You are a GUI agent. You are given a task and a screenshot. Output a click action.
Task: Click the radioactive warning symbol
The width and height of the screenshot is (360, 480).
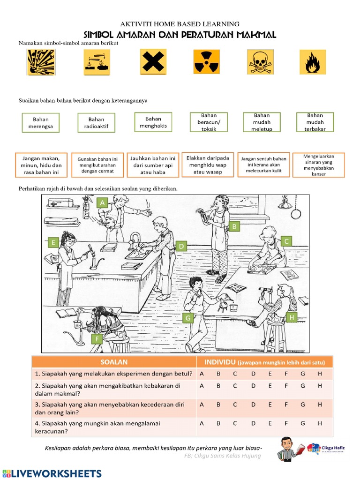tap(206, 62)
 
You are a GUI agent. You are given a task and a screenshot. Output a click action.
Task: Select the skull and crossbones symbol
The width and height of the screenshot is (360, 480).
tap(260, 62)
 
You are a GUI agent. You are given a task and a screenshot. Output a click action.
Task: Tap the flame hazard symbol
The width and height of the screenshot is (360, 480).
tap(312, 62)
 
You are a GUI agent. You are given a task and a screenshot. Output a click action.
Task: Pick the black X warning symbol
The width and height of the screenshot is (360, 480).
tap(153, 62)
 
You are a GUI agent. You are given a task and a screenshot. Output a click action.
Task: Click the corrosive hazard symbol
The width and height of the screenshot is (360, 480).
tap(97, 62)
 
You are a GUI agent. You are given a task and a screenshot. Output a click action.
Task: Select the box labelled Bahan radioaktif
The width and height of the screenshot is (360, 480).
tap(97, 123)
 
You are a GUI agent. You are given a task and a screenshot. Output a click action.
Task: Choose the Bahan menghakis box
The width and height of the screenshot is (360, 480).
tap(153, 122)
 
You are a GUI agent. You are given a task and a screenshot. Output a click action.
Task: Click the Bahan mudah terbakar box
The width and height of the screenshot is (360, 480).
tap(315, 122)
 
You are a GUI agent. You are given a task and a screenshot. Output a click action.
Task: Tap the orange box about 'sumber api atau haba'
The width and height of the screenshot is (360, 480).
tap(153, 165)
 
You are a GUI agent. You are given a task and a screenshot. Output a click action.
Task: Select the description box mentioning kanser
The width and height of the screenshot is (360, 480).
tap(318, 165)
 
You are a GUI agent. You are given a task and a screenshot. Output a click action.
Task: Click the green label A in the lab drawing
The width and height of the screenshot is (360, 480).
tap(102, 202)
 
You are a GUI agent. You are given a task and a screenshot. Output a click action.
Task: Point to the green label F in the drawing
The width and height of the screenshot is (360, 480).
tap(97, 339)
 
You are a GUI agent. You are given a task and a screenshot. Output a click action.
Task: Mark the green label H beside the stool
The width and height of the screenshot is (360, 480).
tap(291, 317)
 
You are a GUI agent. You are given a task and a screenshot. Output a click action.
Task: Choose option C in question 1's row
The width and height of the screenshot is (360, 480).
tap(235, 374)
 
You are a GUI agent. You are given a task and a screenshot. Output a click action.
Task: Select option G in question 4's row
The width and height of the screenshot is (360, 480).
tap(303, 423)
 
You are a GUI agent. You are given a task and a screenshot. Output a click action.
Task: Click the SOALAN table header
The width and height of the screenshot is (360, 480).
tap(113, 362)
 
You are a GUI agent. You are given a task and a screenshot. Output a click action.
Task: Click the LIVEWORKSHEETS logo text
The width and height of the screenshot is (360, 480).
tap(52, 473)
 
